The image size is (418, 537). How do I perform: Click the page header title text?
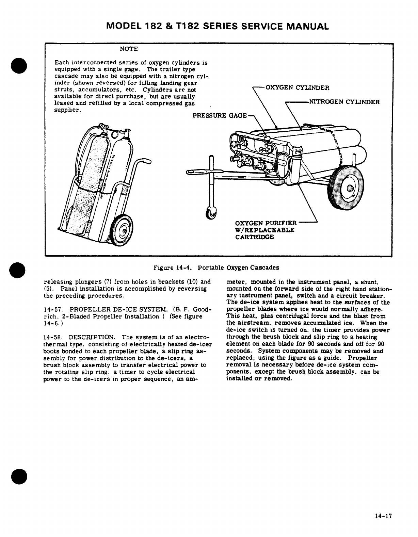pos(218,26)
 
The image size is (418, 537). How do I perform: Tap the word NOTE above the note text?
pos(129,49)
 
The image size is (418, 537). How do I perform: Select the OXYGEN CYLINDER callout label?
pos(297,88)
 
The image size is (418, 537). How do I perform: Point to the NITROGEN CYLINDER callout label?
pos(344,102)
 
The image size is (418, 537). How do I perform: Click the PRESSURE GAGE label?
pos(220,116)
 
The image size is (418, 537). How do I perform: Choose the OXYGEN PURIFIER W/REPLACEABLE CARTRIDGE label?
pos(266,230)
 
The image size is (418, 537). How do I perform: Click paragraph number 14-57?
pos(52,309)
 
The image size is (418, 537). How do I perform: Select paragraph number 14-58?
pos(52,337)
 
